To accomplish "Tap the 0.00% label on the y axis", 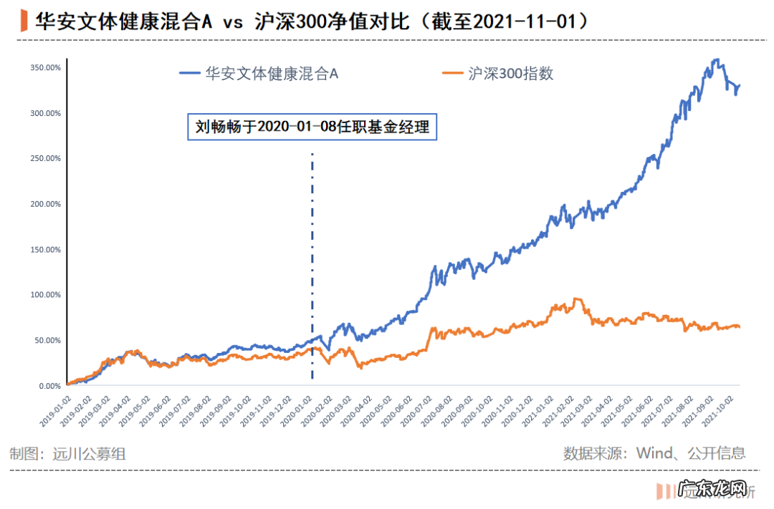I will coord(49,386).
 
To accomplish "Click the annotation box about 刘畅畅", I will coord(312,127).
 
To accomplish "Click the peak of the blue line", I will coord(716,60).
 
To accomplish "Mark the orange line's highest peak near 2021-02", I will coord(576,299).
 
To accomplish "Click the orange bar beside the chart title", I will coord(25,21).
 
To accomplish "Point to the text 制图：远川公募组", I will coord(69,453).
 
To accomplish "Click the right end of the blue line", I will coord(740,85).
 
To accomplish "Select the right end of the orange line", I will coord(740,327).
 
